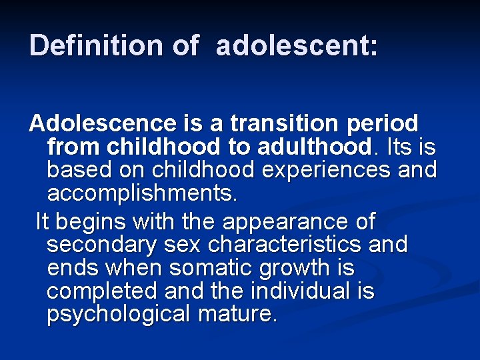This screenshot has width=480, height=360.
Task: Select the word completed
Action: (99, 292)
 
